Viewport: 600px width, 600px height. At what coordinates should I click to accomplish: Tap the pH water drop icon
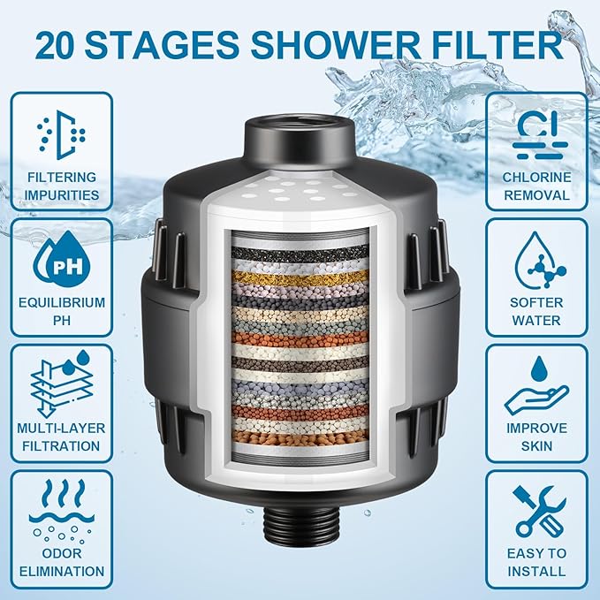pyautogui.click(x=61, y=258)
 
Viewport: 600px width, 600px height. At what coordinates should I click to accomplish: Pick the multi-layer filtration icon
pyautogui.click(x=61, y=382)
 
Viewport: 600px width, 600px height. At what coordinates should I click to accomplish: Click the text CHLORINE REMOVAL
pyautogui.click(x=537, y=186)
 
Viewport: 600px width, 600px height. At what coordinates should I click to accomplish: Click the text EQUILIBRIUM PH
pyautogui.click(x=61, y=310)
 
